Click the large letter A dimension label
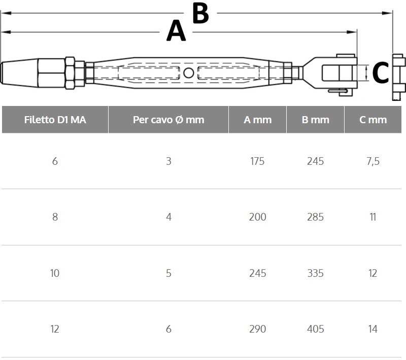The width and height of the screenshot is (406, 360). click(176, 31)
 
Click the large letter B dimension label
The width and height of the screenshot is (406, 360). click(200, 13)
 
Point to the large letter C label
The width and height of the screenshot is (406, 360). click(380, 73)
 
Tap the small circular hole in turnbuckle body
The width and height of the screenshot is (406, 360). click(188, 73)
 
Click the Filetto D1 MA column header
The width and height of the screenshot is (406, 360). click(55, 120)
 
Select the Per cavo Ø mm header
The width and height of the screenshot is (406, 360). click(168, 120)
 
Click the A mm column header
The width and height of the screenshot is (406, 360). click(258, 120)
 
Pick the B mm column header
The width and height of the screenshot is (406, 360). click(315, 120)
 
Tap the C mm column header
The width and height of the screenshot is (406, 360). click(373, 120)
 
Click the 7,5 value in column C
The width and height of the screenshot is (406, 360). click(373, 161)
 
